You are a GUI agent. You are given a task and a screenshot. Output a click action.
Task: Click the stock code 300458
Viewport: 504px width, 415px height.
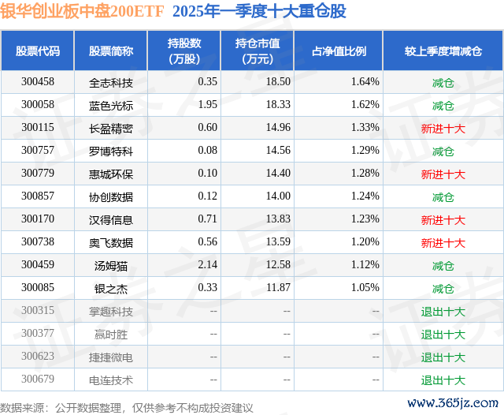pos(38,82)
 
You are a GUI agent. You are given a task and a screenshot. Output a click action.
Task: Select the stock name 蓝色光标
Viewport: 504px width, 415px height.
pos(111,105)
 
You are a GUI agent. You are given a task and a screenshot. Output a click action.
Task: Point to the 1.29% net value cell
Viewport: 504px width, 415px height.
pos(365,151)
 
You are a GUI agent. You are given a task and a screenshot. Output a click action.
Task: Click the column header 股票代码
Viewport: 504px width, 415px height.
pos(38,51)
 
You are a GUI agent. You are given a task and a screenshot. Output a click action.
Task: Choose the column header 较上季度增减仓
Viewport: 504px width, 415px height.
pos(443,51)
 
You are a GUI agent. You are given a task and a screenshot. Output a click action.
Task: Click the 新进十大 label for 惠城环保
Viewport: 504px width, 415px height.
pos(443,174)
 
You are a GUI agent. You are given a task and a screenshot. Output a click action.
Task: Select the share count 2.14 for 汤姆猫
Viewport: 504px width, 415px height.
pos(207,265)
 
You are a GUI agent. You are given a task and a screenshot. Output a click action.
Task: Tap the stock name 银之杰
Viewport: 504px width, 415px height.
pos(111,288)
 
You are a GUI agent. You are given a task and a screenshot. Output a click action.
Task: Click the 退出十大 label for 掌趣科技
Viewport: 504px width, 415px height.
pos(443,311)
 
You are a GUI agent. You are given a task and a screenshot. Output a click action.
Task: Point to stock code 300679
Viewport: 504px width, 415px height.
pos(38,379)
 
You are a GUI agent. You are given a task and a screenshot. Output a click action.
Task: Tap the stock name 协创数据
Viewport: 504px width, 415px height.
pos(111,196)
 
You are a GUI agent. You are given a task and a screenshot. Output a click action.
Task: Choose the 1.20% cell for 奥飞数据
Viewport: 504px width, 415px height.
pos(365,242)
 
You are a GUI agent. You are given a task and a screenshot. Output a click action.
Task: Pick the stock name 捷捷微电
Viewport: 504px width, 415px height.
pos(111,357)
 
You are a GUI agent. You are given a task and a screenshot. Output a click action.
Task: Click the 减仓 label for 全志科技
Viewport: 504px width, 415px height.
pos(443,82)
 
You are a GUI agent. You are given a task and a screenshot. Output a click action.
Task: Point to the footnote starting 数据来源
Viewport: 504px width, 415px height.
pos(127,407)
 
